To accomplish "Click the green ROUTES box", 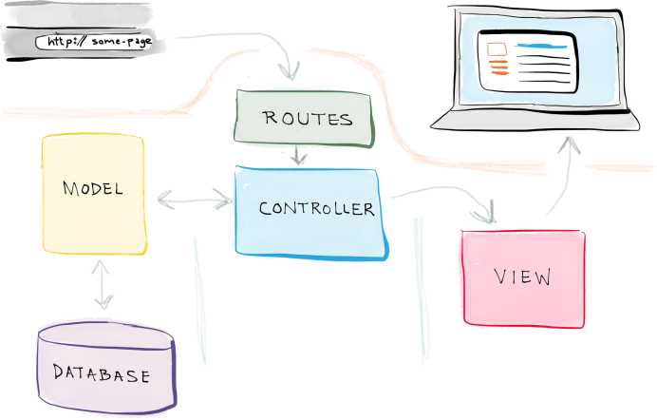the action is (x=304, y=119).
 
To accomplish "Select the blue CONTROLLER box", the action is (x=311, y=213).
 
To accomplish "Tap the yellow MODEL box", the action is (x=94, y=194).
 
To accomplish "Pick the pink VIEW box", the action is (x=523, y=278).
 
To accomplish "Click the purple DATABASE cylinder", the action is (x=106, y=368).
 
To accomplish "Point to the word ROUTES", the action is (x=308, y=119).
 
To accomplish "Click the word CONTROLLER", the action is (x=317, y=208).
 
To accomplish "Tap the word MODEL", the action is (x=93, y=188).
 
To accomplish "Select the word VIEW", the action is (x=522, y=277).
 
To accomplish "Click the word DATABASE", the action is (x=102, y=373).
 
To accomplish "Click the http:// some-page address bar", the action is (x=94, y=42).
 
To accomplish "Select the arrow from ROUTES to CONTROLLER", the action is (x=298, y=155).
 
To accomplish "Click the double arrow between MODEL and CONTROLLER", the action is (x=195, y=200).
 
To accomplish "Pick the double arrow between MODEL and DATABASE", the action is (x=103, y=285).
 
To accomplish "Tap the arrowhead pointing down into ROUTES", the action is (x=290, y=70).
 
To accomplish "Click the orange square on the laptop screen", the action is (x=497, y=49).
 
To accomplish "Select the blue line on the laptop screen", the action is (x=542, y=46).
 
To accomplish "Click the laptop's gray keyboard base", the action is (x=535, y=121).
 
